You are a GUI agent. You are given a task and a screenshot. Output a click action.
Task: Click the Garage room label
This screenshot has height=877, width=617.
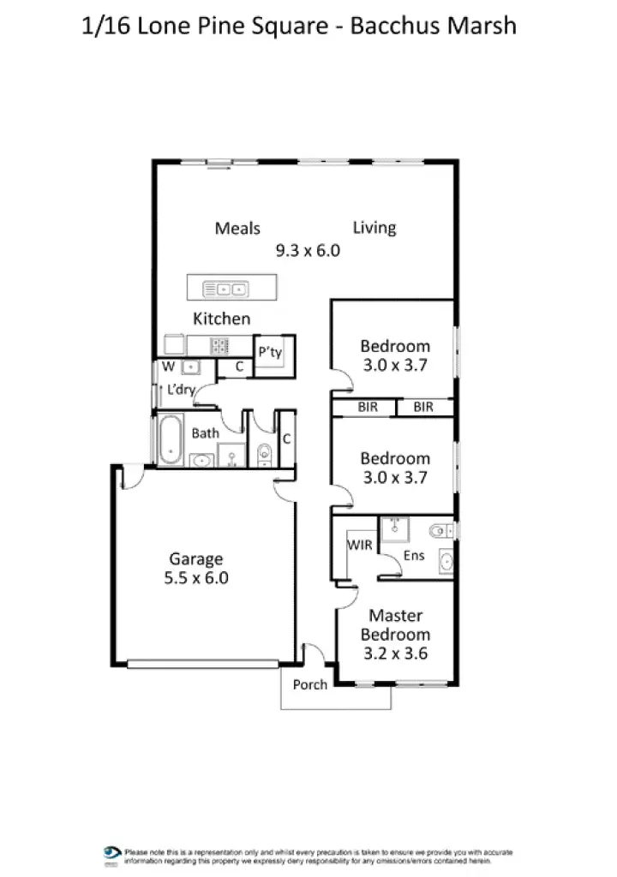(x=196, y=559)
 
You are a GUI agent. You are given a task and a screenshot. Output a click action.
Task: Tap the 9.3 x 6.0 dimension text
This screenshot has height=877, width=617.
(x=308, y=251)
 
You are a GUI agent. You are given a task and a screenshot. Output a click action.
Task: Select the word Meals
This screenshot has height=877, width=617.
(x=237, y=228)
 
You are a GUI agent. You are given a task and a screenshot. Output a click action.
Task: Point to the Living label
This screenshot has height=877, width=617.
(x=374, y=228)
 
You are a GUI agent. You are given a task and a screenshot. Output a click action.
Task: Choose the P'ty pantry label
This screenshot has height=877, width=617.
(x=270, y=352)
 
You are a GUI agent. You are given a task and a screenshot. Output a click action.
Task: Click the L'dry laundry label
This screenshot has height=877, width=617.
(x=180, y=390)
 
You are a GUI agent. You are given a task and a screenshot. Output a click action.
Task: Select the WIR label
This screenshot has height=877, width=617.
(x=360, y=545)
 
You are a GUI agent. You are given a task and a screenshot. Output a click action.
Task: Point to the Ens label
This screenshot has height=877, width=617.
(x=413, y=556)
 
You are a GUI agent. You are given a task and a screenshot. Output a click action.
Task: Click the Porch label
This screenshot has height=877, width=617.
(x=309, y=684)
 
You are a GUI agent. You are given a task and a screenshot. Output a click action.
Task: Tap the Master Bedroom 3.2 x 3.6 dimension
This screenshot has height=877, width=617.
(x=394, y=653)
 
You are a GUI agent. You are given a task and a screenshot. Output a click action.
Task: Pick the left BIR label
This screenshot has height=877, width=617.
(x=368, y=408)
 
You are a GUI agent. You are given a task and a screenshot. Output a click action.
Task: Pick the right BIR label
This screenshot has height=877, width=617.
(x=423, y=408)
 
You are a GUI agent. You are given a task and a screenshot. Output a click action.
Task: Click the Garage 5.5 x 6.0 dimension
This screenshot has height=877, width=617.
(x=196, y=578)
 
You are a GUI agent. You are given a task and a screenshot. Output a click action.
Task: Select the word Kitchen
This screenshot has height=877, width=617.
(x=222, y=319)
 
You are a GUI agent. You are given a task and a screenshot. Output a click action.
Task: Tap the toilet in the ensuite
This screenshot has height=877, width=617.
(x=441, y=531)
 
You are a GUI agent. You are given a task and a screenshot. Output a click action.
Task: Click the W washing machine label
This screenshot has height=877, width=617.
(x=168, y=367)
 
